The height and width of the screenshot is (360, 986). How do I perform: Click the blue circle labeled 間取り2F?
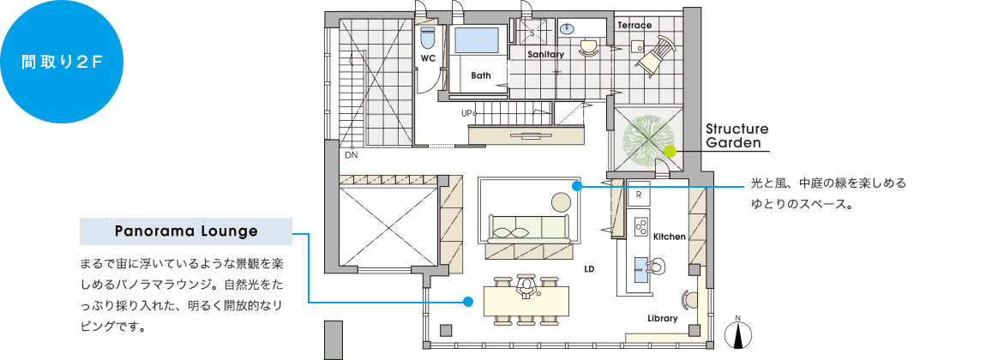tap(62, 62)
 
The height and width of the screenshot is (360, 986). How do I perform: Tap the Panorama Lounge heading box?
tap(186, 231)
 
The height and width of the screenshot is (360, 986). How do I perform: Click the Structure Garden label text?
tap(737, 135)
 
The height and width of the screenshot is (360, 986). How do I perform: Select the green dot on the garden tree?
tap(670, 152)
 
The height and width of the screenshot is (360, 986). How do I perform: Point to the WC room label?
tap(428, 58)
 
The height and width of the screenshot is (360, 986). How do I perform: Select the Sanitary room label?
tap(545, 55)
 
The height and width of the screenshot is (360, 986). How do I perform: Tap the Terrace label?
tap(634, 25)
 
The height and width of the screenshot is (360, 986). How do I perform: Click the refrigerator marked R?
tap(639, 195)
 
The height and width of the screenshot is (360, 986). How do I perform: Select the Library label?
tap(663, 319)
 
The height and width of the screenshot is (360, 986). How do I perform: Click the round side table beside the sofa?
tap(562, 201)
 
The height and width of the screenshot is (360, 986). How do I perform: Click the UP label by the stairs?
tap(466, 114)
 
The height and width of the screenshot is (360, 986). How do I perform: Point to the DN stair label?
tap(351, 154)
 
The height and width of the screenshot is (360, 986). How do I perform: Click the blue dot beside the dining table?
tap(467, 302)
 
